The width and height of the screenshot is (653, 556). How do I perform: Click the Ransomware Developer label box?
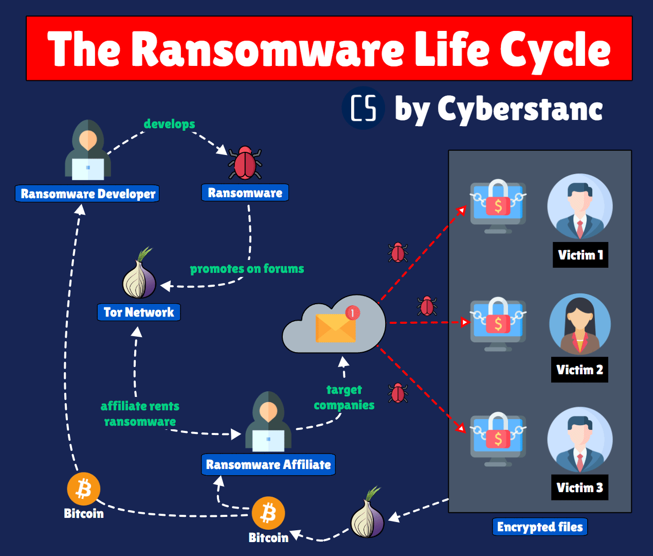click(87, 194)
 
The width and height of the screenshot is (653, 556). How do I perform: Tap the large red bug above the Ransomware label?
click(245, 163)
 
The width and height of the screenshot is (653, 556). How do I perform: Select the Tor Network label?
click(139, 312)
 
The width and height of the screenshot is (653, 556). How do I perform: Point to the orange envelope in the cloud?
click(335, 329)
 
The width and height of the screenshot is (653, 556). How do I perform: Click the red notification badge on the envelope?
click(353, 312)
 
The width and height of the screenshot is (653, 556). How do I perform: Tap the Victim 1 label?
click(580, 255)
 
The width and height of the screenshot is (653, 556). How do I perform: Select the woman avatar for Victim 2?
click(580, 324)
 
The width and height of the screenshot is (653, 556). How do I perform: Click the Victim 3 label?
click(580, 488)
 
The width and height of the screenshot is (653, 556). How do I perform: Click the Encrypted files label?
click(540, 527)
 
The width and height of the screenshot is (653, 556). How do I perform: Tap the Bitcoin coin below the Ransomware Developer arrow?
click(83, 489)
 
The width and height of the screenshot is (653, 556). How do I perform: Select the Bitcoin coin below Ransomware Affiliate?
click(268, 513)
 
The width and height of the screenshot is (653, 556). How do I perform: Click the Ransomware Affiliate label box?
click(268, 464)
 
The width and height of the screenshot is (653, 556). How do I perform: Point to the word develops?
click(169, 124)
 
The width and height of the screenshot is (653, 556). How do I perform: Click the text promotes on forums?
click(247, 269)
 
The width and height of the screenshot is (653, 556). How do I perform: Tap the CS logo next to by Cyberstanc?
click(364, 108)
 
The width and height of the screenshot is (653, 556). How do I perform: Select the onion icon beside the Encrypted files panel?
click(368, 517)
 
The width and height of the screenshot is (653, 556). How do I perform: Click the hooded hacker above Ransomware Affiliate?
click(268, 422)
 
